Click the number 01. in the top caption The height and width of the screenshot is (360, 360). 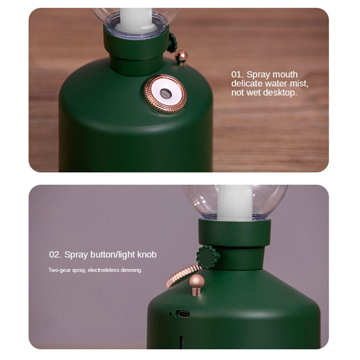pyautogui.click(x=238, y=74)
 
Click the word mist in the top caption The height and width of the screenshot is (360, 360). pyautogui.click(x=299, y=84)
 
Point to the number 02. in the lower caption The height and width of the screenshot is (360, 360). pyautogui.click(x=55, y=255)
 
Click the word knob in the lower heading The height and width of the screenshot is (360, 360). pyautogui.click(x=147, y=255)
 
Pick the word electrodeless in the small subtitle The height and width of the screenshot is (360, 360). pyautogui.click(x=104, y=270)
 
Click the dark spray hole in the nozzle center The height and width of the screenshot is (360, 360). pyautogui.click(x=165, y=93)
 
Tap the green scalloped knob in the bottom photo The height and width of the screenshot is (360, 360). pyautogui.click(x=208, y=257)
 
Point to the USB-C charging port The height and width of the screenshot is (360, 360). pyautogui.click(x=183, y=314)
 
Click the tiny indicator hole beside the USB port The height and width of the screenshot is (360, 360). pyautogui.click(x=170, y=314)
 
